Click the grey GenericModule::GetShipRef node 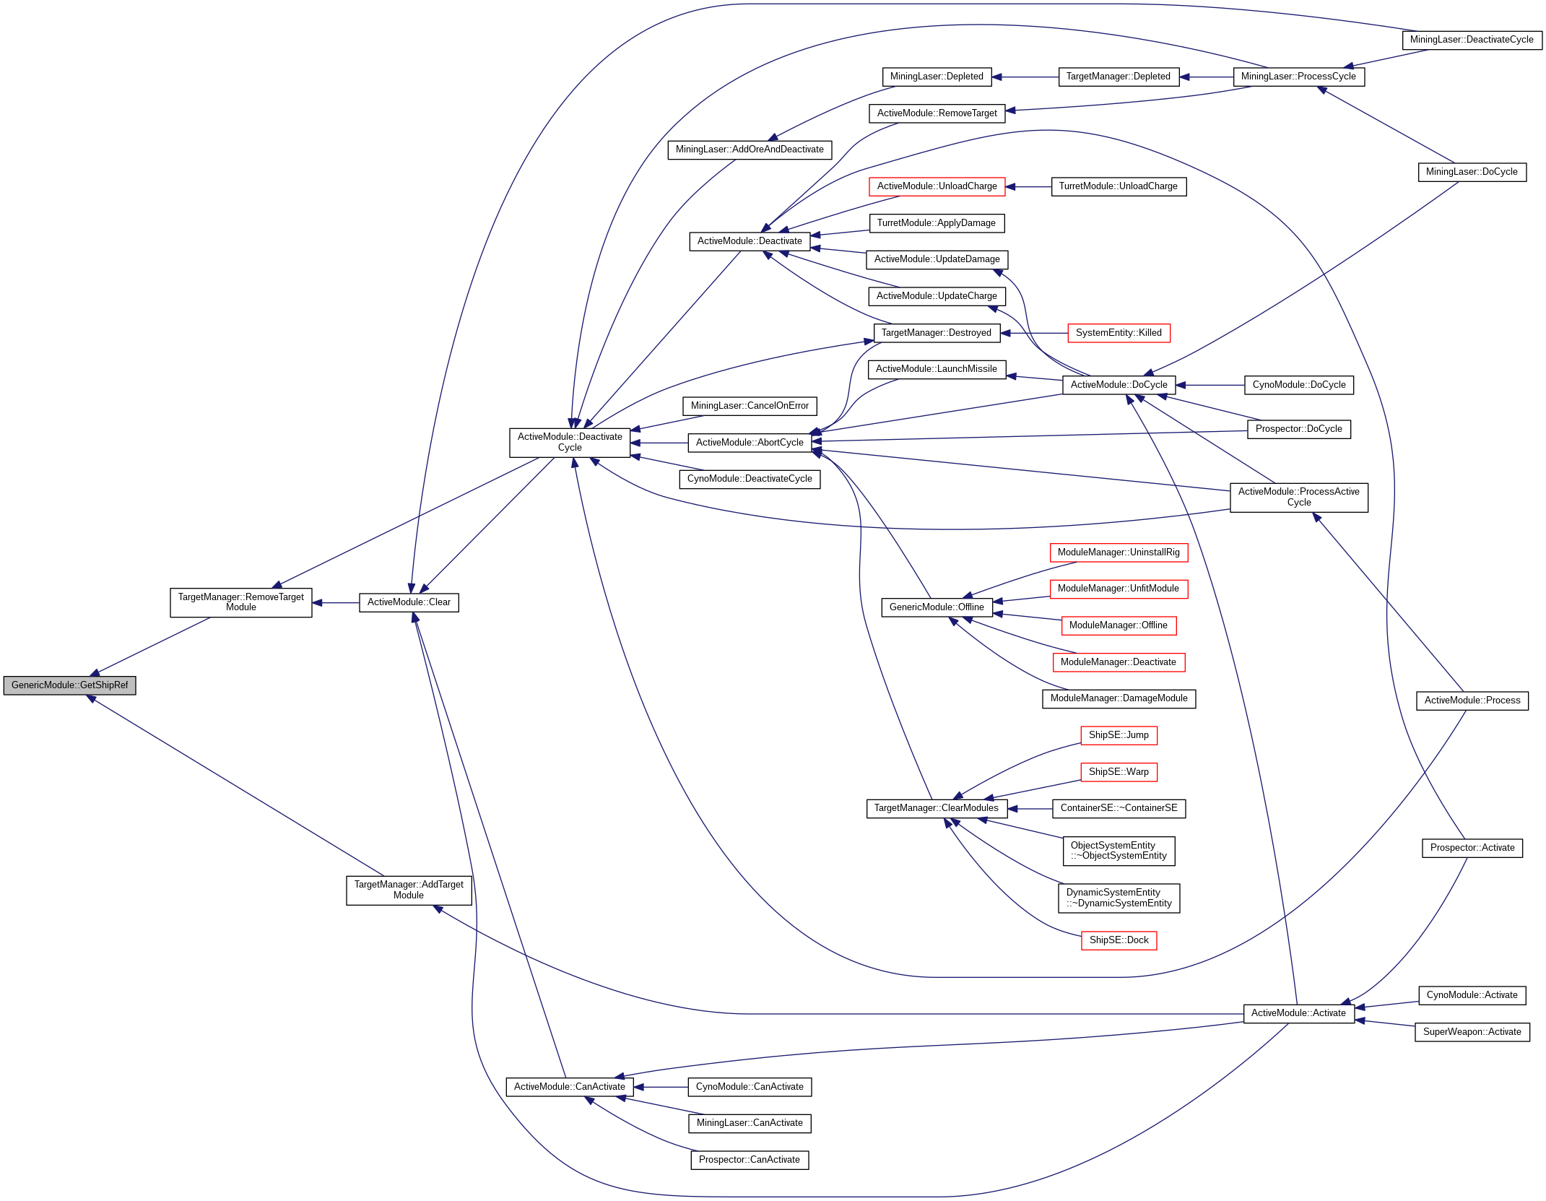[69, 685]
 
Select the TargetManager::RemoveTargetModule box [240, 602]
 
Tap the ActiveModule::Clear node [409, 602]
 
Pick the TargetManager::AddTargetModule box [409, 890]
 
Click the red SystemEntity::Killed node [1119, 333]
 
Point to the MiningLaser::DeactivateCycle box [1471, 40]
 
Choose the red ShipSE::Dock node [1119, 940]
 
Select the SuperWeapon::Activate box [1472, 1032]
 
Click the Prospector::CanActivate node [750, 1160]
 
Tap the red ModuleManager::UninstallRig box [1119, 552]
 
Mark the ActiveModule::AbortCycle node [750, 443]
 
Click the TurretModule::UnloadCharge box [1118, 186]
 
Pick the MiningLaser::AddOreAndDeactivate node [750, 149]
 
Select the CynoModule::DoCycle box [1298, 385]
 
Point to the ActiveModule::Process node [1472, 701]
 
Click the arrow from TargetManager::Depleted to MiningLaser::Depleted [1025, 77]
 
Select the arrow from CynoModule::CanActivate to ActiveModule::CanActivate [661, 1087]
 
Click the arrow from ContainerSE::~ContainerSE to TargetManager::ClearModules [1030, 809]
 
